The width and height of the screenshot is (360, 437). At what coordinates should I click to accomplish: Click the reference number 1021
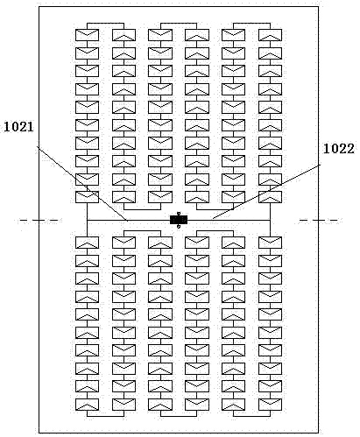pyautogui.click(x=19, y=127)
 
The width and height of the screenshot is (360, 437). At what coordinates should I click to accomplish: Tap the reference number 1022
pyautogui.click(x=339, y=149)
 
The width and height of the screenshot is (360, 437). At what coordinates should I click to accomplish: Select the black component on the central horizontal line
pyautogui.click(x=179, y=220)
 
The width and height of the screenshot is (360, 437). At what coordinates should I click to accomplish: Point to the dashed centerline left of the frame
pyautogui.click(x=39, y=220)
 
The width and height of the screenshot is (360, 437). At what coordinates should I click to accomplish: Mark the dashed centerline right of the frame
pyautogui.click(x=319, y=220)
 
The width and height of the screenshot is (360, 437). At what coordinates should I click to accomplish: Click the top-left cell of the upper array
pyautogui.click(x=87, y=35)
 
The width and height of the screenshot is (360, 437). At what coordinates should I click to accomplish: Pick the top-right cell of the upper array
pyautogui.click(x=270, y=35)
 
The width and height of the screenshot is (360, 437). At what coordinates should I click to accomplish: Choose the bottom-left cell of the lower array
pyautogui.click(x=87, y=405)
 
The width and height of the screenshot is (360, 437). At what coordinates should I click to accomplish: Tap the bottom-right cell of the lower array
pyautogui.click(x=270, y=405)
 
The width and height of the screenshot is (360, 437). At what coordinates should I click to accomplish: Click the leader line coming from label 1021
pyautogui.click(x=82, y=183)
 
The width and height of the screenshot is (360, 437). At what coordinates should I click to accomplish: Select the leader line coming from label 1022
pyautogui.click(x=266, y=192)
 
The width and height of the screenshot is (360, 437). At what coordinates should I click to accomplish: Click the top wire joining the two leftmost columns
pyautogui.click(x=105, y=23)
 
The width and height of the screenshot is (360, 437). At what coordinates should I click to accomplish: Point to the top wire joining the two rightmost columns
pyautogui.click(x=251, y=23)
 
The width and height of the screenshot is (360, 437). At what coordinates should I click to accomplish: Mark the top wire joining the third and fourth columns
pyautogui.click(x=179, y=23)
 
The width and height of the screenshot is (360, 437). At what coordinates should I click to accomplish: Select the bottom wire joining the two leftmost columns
pyautogui.click(x=105, y=416)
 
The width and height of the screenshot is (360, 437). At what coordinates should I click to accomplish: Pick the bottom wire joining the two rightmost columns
pyautogui.click(x=251, y=416)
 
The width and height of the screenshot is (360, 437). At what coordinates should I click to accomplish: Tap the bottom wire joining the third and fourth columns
pyautogui.click(x=179, y=416)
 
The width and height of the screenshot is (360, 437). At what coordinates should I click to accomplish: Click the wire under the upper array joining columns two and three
pyautogui.click(x=142, y=209)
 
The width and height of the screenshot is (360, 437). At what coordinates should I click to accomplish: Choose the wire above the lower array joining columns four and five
pyautogui.click(x=215, y=230)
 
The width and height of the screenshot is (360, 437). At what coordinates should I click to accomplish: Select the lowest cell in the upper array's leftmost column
pyautogui.click(x=87, y=197)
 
